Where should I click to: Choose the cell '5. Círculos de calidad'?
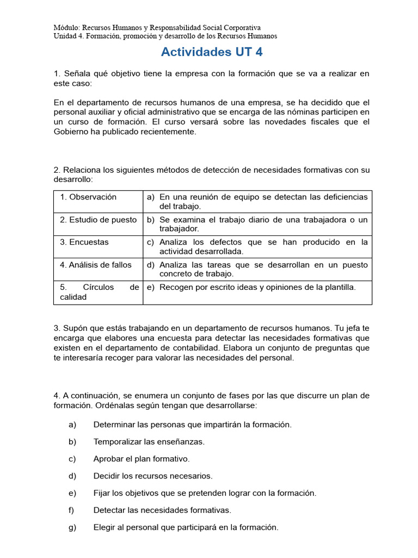point(98,292)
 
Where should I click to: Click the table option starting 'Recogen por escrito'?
point(257,287)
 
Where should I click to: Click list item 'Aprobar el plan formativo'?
point(142,459)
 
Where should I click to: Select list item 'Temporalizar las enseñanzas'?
point(149,441)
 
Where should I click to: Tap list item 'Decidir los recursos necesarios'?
point(153,476)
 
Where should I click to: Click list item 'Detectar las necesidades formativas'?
point(162,510)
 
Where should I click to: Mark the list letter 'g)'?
point(72,527)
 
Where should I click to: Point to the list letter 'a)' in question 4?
point(72,424)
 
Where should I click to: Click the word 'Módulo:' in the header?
point(66,27)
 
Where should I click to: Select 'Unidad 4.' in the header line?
point(70,36)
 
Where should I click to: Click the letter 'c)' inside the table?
point(151,242)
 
